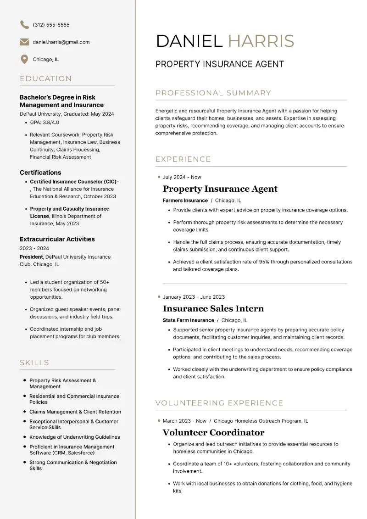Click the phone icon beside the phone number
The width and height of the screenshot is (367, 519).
click(24, 25)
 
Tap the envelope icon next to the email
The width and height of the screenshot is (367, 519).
click(24, 42)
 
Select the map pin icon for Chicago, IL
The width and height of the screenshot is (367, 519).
click(24, 59)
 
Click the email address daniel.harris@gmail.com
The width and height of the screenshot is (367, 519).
click(61, 42)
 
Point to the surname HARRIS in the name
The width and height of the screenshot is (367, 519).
click(261, 41)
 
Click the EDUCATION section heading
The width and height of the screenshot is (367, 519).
click(46, 78)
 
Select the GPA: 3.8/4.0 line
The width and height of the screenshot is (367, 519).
click(44, 123)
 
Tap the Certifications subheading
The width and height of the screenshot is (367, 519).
click(40, 173)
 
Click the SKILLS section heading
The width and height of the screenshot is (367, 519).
click(34, 363)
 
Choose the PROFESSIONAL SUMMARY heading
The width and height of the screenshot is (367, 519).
click(213, 93)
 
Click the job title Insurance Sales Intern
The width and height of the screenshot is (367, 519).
click(213, 308)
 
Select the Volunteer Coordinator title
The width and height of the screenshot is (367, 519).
click(213, 432)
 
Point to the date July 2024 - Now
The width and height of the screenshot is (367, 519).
click(182, 177)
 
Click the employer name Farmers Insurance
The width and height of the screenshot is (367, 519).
click(185, 201)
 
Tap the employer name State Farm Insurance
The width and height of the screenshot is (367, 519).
click(188, 320)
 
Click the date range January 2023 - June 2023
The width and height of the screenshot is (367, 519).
click(194, 297)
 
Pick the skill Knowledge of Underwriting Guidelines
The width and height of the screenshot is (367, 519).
click(75, 437)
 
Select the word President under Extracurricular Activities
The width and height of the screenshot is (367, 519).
click(32, 257)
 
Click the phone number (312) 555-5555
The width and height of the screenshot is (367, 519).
click(51, 25)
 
